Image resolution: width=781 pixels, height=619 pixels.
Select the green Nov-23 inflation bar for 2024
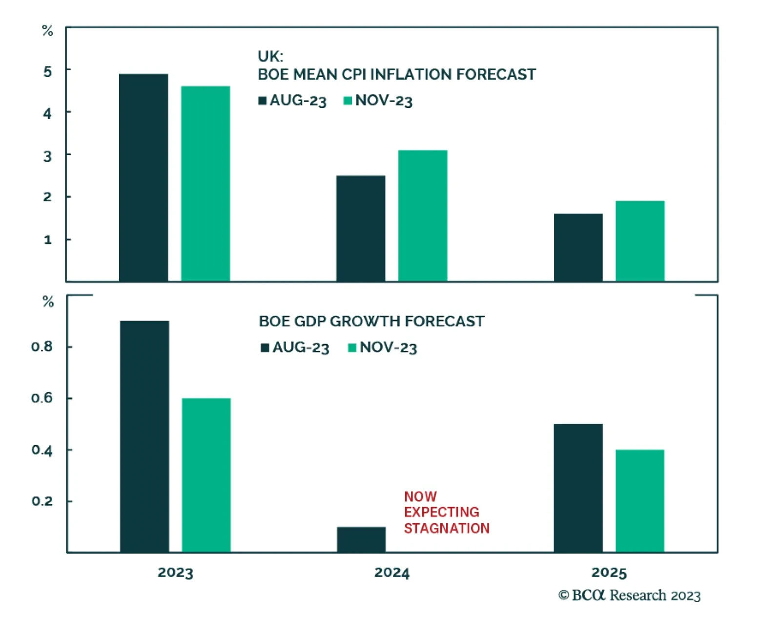click(x=423, y=215)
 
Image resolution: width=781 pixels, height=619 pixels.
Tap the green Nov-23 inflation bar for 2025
click(x=640, y=241)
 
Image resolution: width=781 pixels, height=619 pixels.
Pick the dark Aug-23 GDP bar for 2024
click(x=361, y=539)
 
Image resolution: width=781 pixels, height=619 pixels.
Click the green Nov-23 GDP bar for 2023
click(x=206, y=475)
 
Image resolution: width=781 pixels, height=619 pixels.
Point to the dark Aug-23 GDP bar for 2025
click(x=578, y=488)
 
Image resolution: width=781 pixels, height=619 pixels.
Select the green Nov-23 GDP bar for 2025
click(x=640, y=500)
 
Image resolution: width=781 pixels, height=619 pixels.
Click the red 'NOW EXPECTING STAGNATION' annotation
click(x=446, y=512)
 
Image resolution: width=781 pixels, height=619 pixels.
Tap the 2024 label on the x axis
click(x=392, y=573)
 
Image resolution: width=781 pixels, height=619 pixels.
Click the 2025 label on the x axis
click(x=609, y=573)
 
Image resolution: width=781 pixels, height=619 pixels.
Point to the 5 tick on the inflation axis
click(x=47, y=72)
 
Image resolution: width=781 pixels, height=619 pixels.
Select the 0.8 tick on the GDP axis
click(x=42, y=347)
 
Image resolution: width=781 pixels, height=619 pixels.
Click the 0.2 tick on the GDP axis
click(x=42, y=501)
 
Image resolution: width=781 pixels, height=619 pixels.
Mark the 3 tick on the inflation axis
click(x=47, y=156)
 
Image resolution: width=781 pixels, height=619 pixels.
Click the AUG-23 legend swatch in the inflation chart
click(x=263, y=101)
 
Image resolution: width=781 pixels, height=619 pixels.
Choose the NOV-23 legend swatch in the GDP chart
click(x=352, y=348)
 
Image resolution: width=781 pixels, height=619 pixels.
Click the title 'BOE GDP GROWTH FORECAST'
click(x=371, y=321)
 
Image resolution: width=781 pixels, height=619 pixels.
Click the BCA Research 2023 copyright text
click(x=629, y=595)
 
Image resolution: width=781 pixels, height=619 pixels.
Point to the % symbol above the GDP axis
click(x=48, y=302)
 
